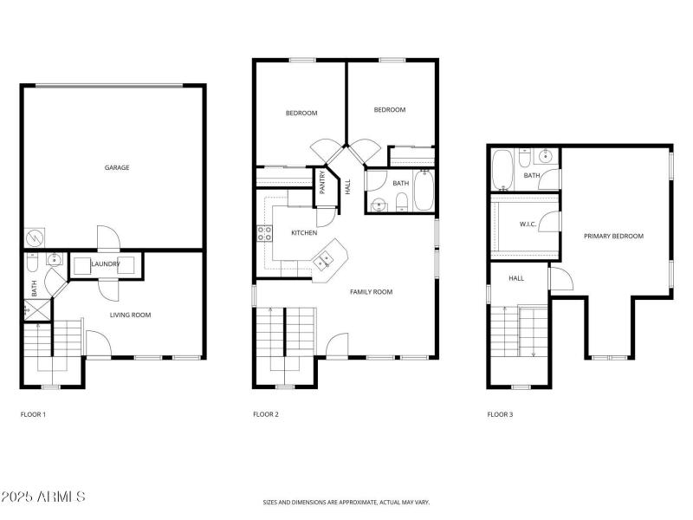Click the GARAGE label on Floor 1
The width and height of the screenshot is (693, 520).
117,167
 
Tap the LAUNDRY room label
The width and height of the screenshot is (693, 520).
106,263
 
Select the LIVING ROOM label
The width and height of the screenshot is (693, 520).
130,315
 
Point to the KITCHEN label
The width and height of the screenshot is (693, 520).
303,232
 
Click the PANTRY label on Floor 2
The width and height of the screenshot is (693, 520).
322,182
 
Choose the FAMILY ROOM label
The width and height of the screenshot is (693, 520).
371,292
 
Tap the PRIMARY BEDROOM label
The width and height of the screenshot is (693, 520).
613,236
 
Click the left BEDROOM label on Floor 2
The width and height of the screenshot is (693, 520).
301,114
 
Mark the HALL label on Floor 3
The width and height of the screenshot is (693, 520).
516,278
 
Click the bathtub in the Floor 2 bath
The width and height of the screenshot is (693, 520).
423,192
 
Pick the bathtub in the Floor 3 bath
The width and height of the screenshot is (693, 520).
502,169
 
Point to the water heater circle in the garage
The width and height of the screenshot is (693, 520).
33,236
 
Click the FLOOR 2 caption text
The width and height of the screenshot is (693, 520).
265,415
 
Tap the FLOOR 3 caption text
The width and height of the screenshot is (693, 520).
500,415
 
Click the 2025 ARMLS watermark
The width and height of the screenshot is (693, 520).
43,497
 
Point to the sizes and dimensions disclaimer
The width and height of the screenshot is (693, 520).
346,502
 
